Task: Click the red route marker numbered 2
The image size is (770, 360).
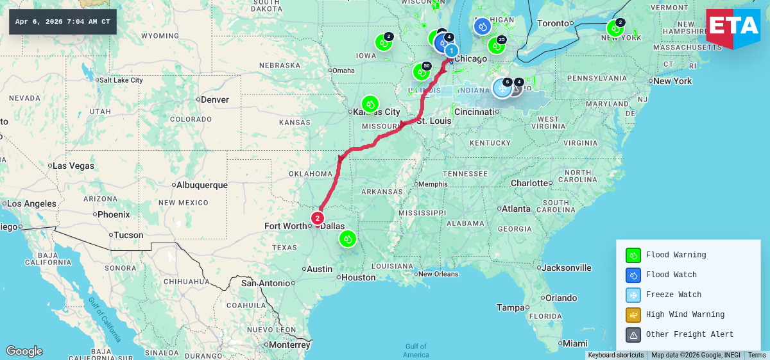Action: click(x=318, y=218)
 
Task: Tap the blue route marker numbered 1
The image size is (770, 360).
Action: click(x=452, y=51)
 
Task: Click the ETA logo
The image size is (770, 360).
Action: click(x=733, y=28)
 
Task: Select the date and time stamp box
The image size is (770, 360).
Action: click(x=63, y=22)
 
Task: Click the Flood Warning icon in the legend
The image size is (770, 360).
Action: click(x=633, y=255)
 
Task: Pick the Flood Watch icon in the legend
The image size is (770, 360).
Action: click(x=633, y=275)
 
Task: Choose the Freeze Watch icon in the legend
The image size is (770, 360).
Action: click(x=633, y=295)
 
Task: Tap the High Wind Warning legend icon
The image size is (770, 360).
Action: click(x=633, y=315)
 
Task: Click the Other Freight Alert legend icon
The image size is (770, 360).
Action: click(x=633, y=335)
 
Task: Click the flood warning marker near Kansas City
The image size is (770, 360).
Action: click(x=370, y=104)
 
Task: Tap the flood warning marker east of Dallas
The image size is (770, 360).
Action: click(x=347, y=239)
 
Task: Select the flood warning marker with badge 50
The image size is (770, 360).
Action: click(x=421, y=72)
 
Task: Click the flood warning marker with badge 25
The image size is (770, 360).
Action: click(x=496, y=46)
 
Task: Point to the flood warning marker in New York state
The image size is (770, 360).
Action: click(x=615, y=28)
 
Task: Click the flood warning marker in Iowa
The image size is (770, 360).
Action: click(x=383, y=43)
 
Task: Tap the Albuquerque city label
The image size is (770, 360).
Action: click(x=201, y=185)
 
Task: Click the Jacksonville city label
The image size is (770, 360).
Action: click(x=567, y=268)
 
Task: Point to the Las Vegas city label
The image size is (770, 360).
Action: click(x=74, y=166)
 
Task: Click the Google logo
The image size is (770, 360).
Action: click(x=24, y=351)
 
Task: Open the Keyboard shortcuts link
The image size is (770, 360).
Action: click(x=615, y=355)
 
